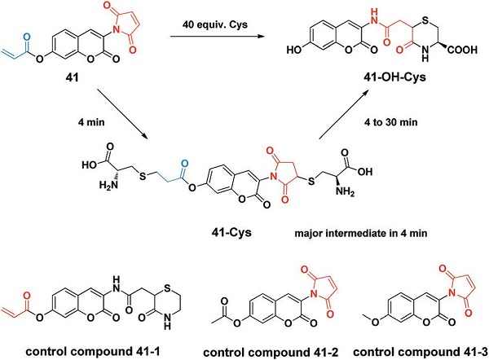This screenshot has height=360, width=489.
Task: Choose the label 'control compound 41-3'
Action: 405,349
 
